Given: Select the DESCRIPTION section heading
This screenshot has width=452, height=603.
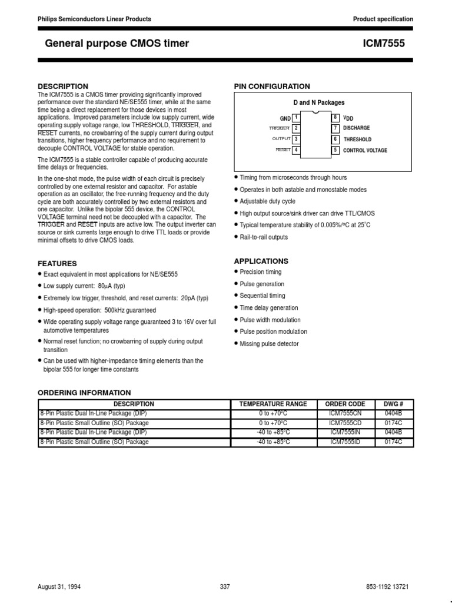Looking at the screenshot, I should [63, 86].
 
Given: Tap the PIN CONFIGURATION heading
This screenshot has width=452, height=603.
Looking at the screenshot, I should [272, 86].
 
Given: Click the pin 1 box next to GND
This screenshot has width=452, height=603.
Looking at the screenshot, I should [296, 118].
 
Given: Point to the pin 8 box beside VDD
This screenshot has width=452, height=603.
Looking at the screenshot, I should [335, 117].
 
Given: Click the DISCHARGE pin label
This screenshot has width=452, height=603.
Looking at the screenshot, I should [357, 128].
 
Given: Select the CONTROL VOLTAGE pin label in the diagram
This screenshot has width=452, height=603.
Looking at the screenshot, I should [365, 150].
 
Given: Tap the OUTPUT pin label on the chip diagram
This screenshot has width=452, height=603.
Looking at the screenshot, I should [281, 139].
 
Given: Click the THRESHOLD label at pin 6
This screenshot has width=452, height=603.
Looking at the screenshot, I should [358, 140].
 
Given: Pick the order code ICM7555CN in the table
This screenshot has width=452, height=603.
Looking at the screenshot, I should [345, 414].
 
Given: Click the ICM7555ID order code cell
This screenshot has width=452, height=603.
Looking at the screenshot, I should [345, 442].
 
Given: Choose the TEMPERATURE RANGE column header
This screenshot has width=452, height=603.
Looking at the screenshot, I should [272, 404].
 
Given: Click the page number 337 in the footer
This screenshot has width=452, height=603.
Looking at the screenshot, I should [225, 587].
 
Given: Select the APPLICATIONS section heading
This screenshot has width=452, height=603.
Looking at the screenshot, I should [261, 261].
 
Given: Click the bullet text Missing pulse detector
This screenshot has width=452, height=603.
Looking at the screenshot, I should [269, 344].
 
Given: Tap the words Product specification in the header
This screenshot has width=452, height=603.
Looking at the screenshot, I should [383, 19].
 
